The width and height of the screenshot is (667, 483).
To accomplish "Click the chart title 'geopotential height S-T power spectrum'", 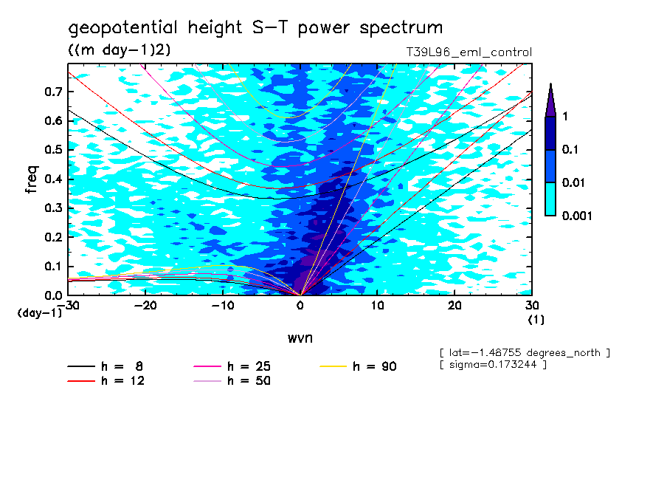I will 255,28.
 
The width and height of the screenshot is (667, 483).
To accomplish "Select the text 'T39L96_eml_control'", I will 469,52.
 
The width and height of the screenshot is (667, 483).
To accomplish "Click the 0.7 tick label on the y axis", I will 52,92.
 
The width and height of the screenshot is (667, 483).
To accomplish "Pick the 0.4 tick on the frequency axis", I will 52,179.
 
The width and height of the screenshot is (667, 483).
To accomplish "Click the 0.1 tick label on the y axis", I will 52,267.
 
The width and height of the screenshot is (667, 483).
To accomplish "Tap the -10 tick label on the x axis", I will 223,305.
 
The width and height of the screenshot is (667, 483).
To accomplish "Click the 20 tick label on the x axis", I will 455,305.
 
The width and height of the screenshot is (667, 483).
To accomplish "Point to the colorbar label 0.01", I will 573,182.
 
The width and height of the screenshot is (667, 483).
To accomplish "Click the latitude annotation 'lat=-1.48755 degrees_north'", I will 525,353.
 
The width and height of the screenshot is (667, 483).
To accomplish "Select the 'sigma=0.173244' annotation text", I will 493,365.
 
